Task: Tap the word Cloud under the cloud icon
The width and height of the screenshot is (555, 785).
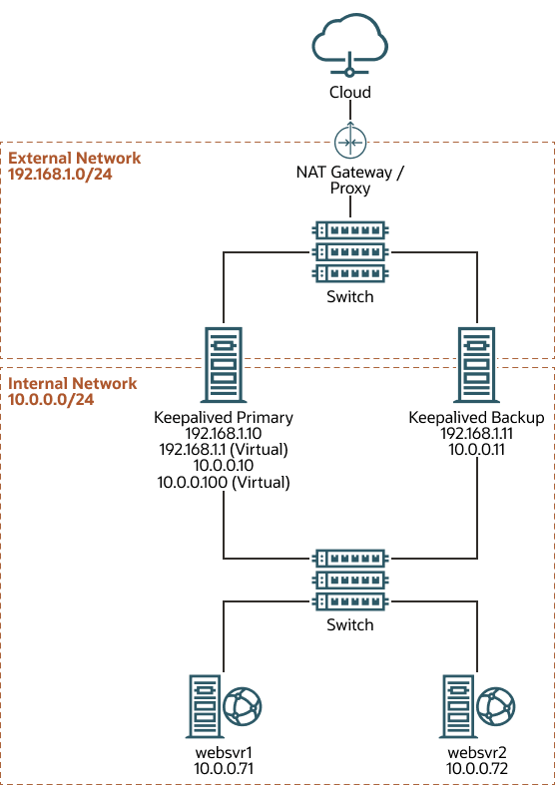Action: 350,92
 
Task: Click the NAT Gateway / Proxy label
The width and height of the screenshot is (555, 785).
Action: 350,181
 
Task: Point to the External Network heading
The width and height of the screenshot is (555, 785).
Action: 75,158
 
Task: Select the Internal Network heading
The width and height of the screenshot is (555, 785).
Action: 73,383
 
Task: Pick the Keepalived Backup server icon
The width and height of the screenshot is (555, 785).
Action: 477,366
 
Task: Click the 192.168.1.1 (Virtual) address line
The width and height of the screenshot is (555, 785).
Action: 224,450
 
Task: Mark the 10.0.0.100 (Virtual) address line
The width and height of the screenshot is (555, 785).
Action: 224,482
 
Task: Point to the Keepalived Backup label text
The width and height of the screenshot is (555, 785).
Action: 477,417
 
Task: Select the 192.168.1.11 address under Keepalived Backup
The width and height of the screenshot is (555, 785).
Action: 477,434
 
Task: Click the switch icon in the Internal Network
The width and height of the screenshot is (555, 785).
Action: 350,580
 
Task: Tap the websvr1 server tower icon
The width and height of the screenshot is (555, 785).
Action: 205,707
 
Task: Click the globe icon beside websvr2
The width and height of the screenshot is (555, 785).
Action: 496,707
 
